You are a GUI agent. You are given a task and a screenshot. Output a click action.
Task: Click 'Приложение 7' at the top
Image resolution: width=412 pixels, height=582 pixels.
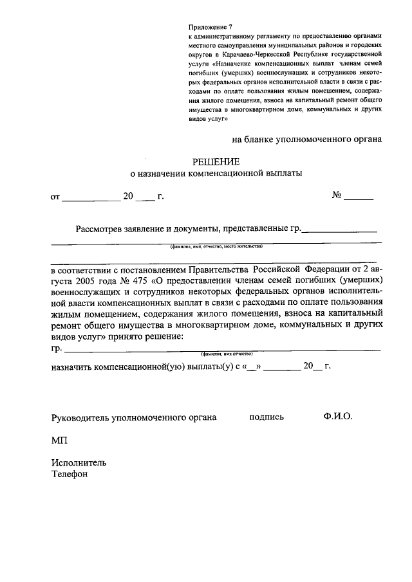[x=209, y=27]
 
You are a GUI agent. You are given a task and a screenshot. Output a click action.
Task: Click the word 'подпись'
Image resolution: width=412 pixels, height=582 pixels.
[x=267, y=417]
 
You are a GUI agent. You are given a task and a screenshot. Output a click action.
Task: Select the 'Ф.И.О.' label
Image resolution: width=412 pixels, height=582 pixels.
[x=338, y=416]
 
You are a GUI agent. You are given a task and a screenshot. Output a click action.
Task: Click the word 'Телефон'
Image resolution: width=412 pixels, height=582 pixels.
[x=69, y=475]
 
